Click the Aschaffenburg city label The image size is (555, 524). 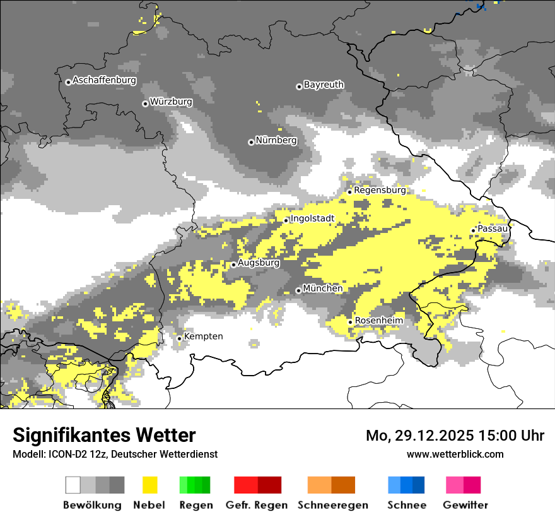(x=104, y=81)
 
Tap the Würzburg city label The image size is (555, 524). (x=171, y=102)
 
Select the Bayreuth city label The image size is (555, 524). (x=324, y=85)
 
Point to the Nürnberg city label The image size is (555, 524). (x=276, y=140)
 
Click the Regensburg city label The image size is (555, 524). (x=380, y=190)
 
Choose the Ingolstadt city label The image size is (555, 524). (x=312, y=219)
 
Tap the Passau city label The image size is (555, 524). (x=493, y=229)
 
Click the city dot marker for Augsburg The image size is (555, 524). (x=233, y=265)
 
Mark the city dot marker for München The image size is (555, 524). (x=298, y=290)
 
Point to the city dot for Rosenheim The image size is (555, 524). (x=350, y=322)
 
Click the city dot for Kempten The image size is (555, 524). (x=179, y=338)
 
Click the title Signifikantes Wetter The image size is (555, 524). (x=104, y=436)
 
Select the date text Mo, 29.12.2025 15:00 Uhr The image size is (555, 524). (x=455, y=436)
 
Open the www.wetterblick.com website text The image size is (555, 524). (x=455, y=454)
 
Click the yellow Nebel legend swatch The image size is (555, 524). (x=149, y=485)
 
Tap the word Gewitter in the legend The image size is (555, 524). (x=465, y=505)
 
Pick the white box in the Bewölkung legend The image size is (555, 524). (x=73, y=485)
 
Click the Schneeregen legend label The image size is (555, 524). (x=332, y=505)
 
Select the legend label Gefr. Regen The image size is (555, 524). (x=257, y=505)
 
